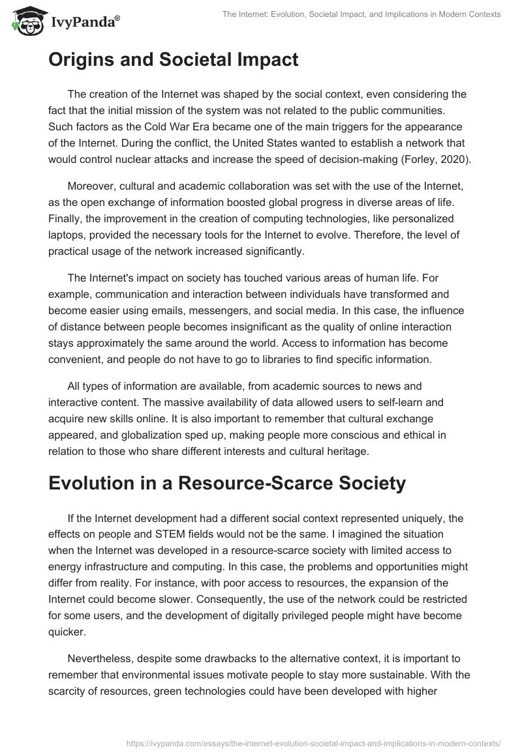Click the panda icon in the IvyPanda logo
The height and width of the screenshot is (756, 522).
(23, 20)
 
